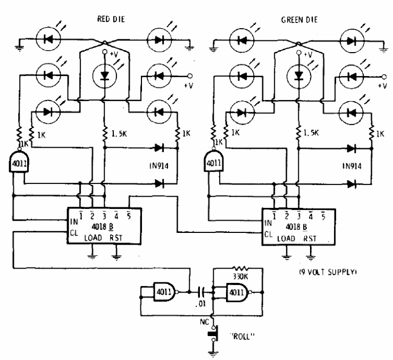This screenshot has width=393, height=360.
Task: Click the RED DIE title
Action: (x=111, y=19)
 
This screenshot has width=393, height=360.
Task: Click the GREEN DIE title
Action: (x=299, y=20)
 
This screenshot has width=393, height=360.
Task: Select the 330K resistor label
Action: (x=240, y=277)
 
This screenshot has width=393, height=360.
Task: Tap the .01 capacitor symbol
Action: (x=202, y=292)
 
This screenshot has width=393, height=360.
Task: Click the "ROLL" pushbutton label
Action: (x=242, y=336)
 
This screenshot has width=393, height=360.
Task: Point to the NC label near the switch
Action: (x=204, y=322)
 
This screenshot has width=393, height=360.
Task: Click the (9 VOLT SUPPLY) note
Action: (x=328, y=272)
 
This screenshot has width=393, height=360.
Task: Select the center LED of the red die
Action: (x=105, y=76)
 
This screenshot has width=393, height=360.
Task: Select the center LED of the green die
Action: (x=298, y=75)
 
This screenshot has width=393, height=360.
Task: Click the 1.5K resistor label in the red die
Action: (x=119, y=134)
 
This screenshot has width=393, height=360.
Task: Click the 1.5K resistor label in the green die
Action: (x=311, y=133)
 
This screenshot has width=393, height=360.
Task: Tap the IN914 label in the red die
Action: (x=159, y=166)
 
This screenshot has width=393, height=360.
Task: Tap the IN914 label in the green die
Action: (x=352, y=166)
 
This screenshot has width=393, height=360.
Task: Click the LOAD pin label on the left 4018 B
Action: (x=93, y=238)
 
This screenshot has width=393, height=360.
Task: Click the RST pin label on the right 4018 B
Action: (x=310, y=238)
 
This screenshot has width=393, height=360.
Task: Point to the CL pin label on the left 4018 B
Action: (x=74, y=233)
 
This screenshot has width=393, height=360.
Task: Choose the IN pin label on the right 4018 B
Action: (x=268, y=223)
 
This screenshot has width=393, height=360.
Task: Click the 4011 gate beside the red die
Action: (x=19, y=162)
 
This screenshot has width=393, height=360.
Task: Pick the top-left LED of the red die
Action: (x=48, y=39)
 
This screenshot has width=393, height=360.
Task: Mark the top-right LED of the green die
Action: (x=352, y=40)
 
